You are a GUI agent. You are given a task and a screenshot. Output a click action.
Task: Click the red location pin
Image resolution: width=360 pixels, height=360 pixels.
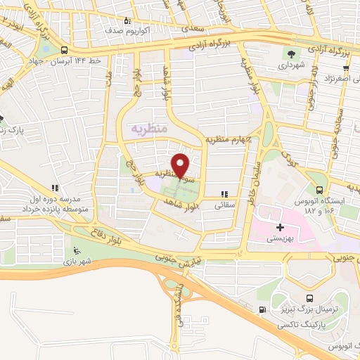click(x=181, y=165)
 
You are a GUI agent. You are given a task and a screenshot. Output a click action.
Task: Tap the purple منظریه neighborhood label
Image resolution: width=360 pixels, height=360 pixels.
click(x=150, y=129)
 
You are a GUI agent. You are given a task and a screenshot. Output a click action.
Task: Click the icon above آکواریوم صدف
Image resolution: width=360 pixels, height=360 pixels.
click(x=127, y=20)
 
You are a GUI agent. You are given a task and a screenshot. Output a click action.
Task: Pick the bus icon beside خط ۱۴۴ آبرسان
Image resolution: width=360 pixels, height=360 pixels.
click(x=65, y=51)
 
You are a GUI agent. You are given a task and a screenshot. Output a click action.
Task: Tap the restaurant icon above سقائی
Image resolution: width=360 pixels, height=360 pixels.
click(x=224, y=194)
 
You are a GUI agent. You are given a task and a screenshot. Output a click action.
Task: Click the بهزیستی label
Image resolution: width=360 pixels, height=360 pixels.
click(x=281, y=238)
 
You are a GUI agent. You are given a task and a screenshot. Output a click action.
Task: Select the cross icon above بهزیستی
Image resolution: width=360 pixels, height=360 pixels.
click(x=281, y=227)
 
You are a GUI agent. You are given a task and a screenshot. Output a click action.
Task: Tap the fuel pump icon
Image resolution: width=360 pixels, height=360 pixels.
click(x=262, y=309)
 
